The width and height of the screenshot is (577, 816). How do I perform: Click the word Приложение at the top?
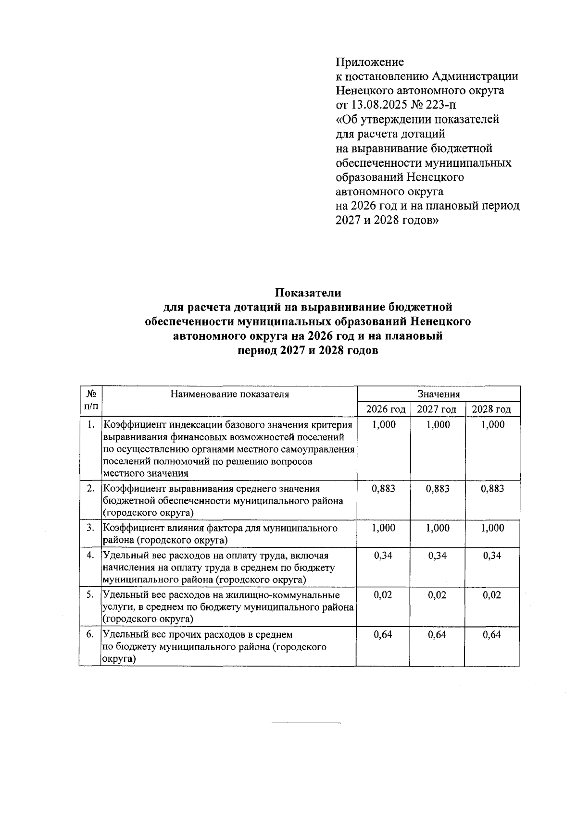pyautogui.click(x=369, y=62)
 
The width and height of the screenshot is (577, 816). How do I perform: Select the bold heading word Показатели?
pyautogui.click(x=308, y=292)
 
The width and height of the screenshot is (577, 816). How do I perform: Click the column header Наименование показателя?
pyautogui.click(x=229, y=394)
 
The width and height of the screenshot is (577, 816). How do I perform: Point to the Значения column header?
pyautogui.click(x=439, y=394)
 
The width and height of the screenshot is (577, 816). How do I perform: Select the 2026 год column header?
pyautogui.click(x=386, y=409)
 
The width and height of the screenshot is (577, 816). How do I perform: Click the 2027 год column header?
pyautogui.click(x=437, y=409)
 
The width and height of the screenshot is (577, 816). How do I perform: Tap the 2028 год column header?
pyautogui.click(x=491, y=409)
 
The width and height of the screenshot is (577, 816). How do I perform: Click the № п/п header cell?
pyautogui.click(x=91, y=400)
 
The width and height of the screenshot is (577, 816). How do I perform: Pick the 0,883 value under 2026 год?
pyautogui.click(x=384, y=489)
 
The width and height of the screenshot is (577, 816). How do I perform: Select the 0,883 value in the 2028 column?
pyautogui.click(x=492, y=489)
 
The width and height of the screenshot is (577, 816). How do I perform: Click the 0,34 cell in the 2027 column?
pyautogui.click(x=437, y=556)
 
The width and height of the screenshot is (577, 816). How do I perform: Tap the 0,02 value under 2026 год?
pyautogui.click(x=383, y=595)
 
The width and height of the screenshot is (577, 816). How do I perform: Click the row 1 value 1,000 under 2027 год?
pyautogui.click(x=438, y=424)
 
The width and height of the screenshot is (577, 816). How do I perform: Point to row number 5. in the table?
pyautogui.click(x=90, y=595)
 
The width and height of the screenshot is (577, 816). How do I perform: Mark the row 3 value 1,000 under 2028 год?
pyautogui.click(x=492, y=528)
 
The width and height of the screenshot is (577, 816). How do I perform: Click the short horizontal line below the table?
pyautogui.click(x=306, y=722)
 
